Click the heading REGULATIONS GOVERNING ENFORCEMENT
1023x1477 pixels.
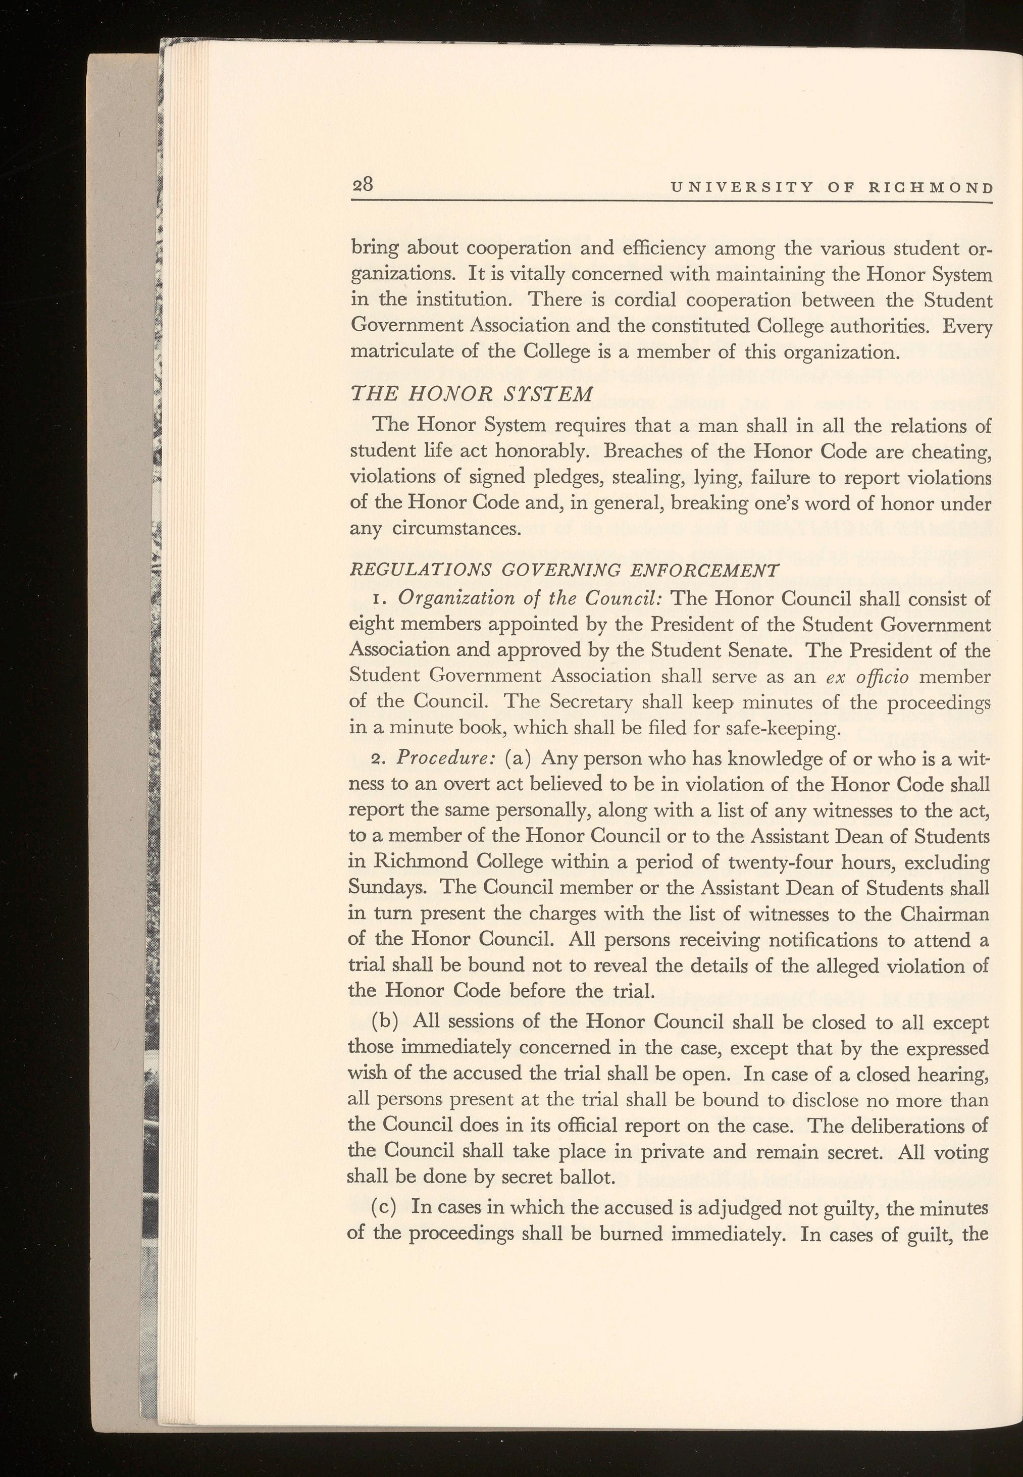(564, 569)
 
